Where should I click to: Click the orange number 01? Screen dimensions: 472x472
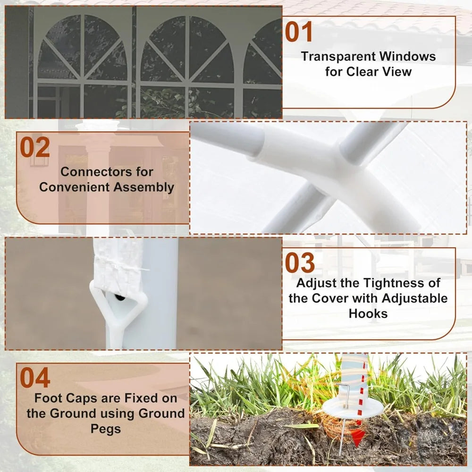coord(299,32)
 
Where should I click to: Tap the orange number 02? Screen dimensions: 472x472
coord(35,147)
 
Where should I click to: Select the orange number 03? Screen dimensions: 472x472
coord(300,262)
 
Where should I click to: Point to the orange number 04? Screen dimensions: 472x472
coord(35,378)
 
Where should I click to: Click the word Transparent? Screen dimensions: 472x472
coord(338,57)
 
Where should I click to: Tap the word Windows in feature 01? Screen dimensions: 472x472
coord(407,56)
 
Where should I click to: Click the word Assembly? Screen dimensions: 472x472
coord(144,187)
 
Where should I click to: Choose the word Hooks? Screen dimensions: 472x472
coord(368,314)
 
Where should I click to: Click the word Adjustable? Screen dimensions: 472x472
coord(414,298)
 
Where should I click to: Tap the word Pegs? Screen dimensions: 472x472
coord(106,429)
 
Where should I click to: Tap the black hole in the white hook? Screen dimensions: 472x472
coord(120,298)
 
